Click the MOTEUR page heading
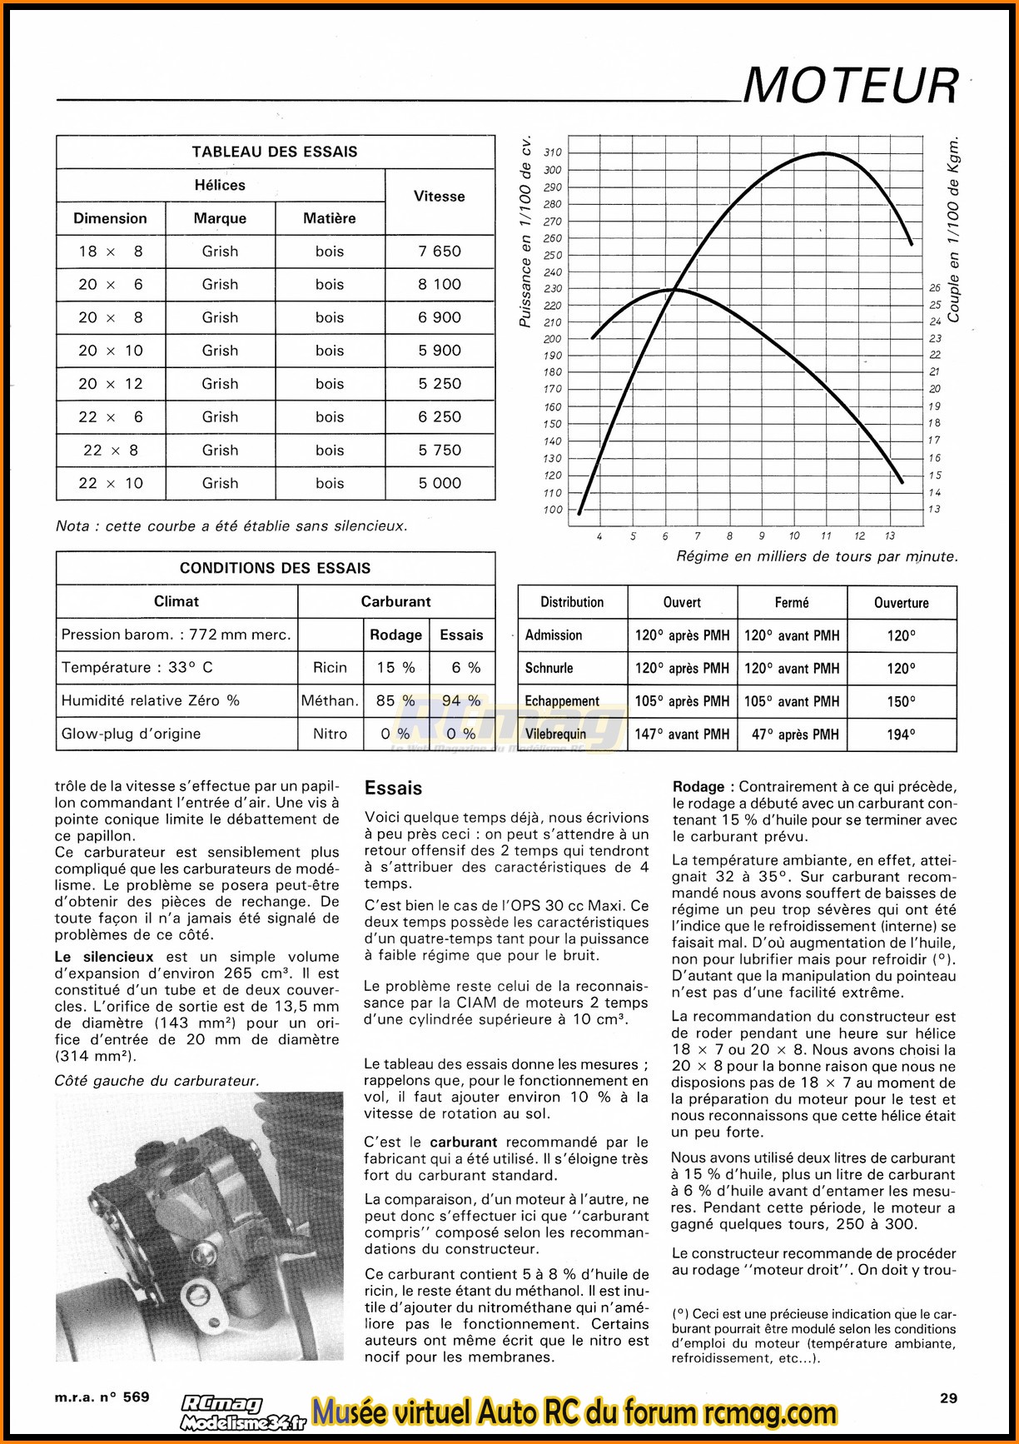pos(850,86)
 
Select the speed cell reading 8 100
pos(439,284)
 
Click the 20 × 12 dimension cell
pos(111,384)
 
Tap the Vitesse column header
pos(439,197)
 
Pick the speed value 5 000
pos(439,483)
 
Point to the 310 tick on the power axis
pos(553,152)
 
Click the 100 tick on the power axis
pos(553,510)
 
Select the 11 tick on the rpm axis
pos(826,536)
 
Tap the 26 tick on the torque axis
pos(935,288)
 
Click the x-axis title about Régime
pos(816,556)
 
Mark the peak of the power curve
pos(824,153)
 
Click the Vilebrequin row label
pos(555,734)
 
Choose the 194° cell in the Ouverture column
pos(901,734)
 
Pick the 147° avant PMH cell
pos(682,734)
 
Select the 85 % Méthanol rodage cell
pos(395,700)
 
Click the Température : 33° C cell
pos(137,667)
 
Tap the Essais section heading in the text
pos(393,788)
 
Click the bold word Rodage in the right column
pos(698,787)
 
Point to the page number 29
pos(948,1397)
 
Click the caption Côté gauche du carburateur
pos(157,1081)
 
